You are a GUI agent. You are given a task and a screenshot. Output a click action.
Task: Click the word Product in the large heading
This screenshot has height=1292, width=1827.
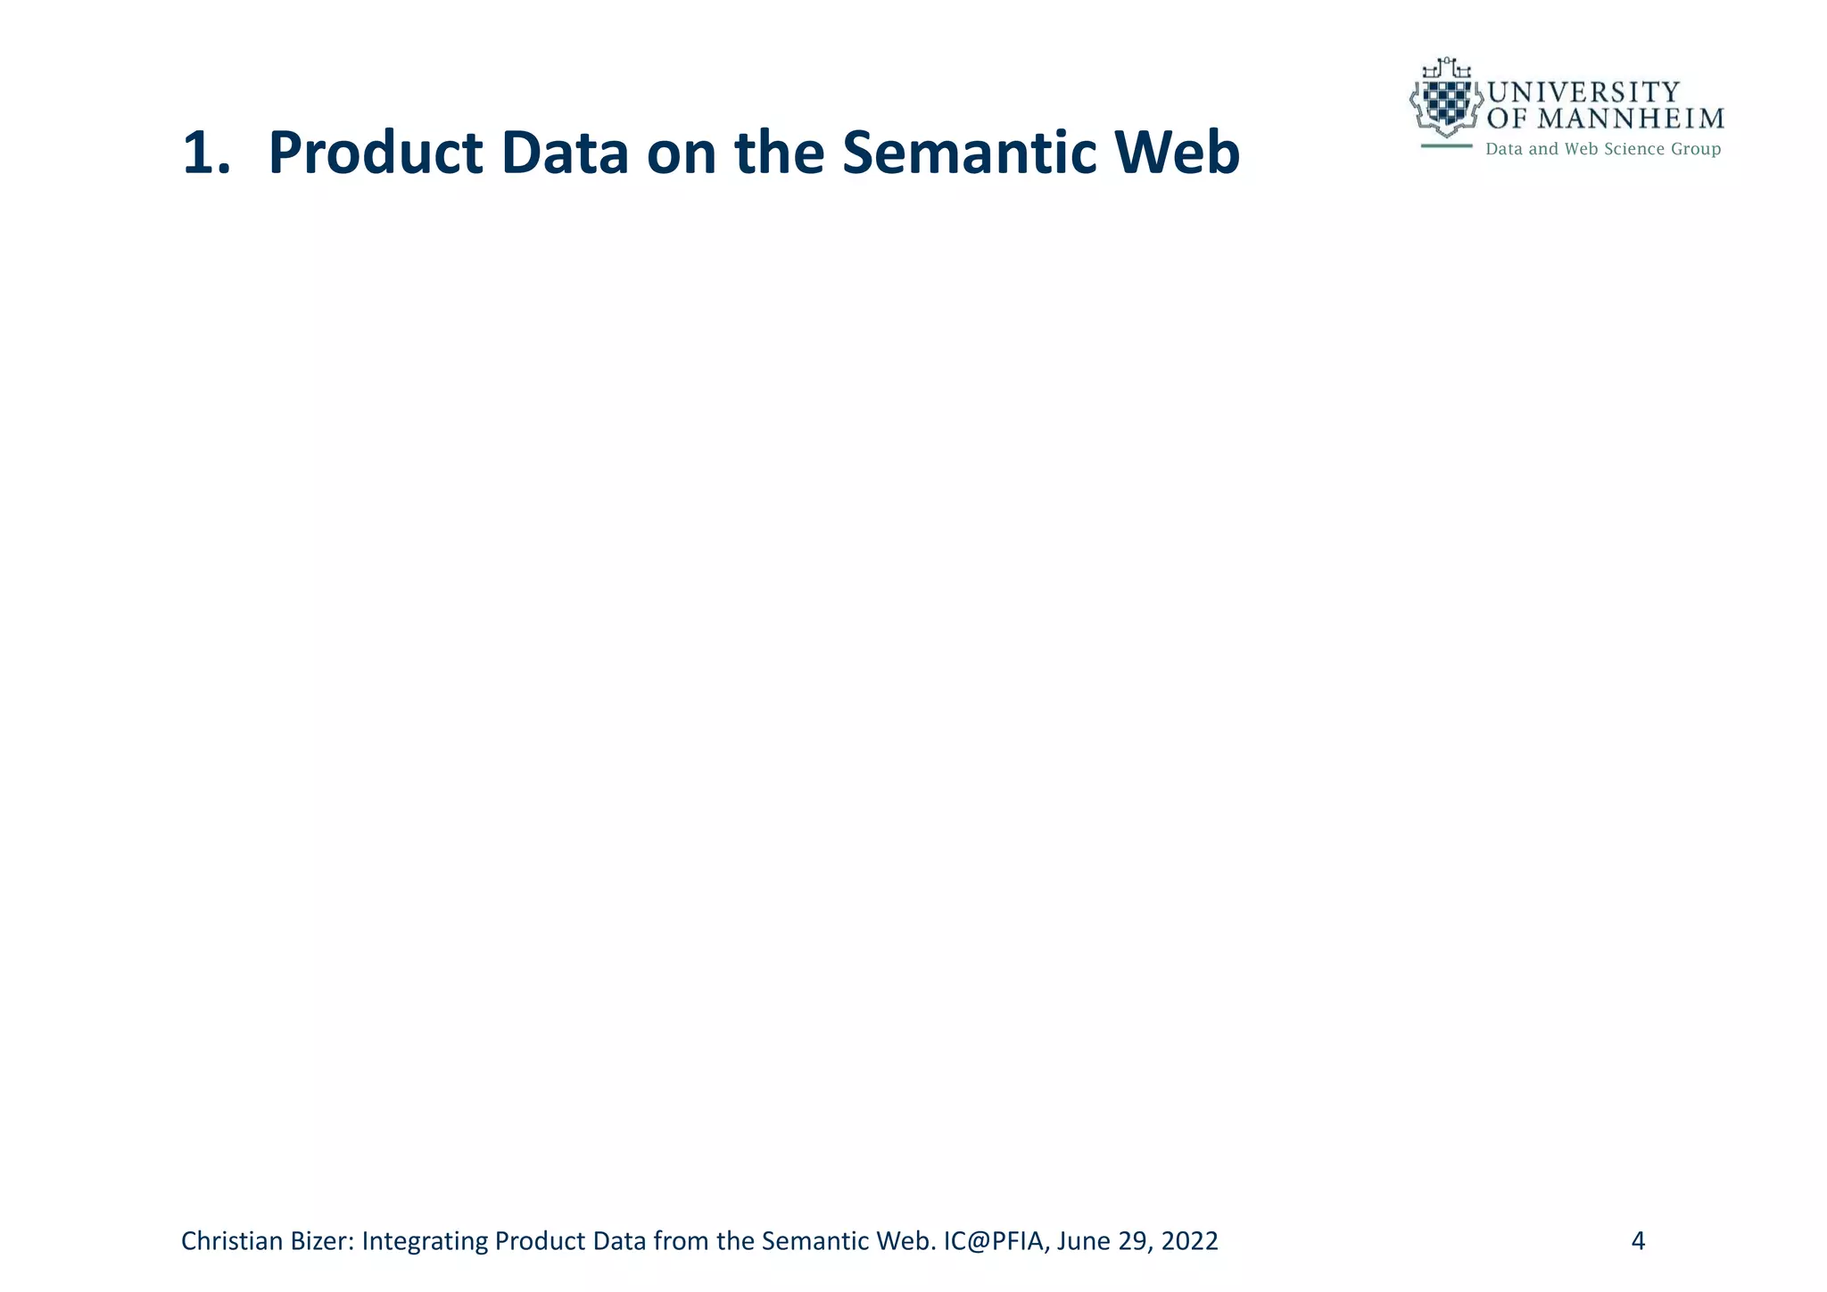[x=376, y=153]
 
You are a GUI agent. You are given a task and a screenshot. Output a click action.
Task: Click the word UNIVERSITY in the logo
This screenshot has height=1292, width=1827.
[x=1583, y=93]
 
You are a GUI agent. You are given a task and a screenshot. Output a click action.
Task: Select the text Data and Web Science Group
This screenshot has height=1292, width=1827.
[x=1602, y=149]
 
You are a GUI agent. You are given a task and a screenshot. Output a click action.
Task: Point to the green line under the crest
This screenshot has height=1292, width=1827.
[x=1446, y=145]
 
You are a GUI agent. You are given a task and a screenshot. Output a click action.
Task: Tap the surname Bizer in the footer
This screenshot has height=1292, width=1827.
[x=327, y=1241]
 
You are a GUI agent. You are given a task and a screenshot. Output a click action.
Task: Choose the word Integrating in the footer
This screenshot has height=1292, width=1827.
[x=425, y=1241]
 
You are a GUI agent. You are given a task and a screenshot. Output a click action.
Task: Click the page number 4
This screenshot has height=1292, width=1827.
[x=1638, y=1241]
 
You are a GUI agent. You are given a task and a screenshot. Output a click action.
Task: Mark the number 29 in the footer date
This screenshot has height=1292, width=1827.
[x=1132, y=1241]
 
